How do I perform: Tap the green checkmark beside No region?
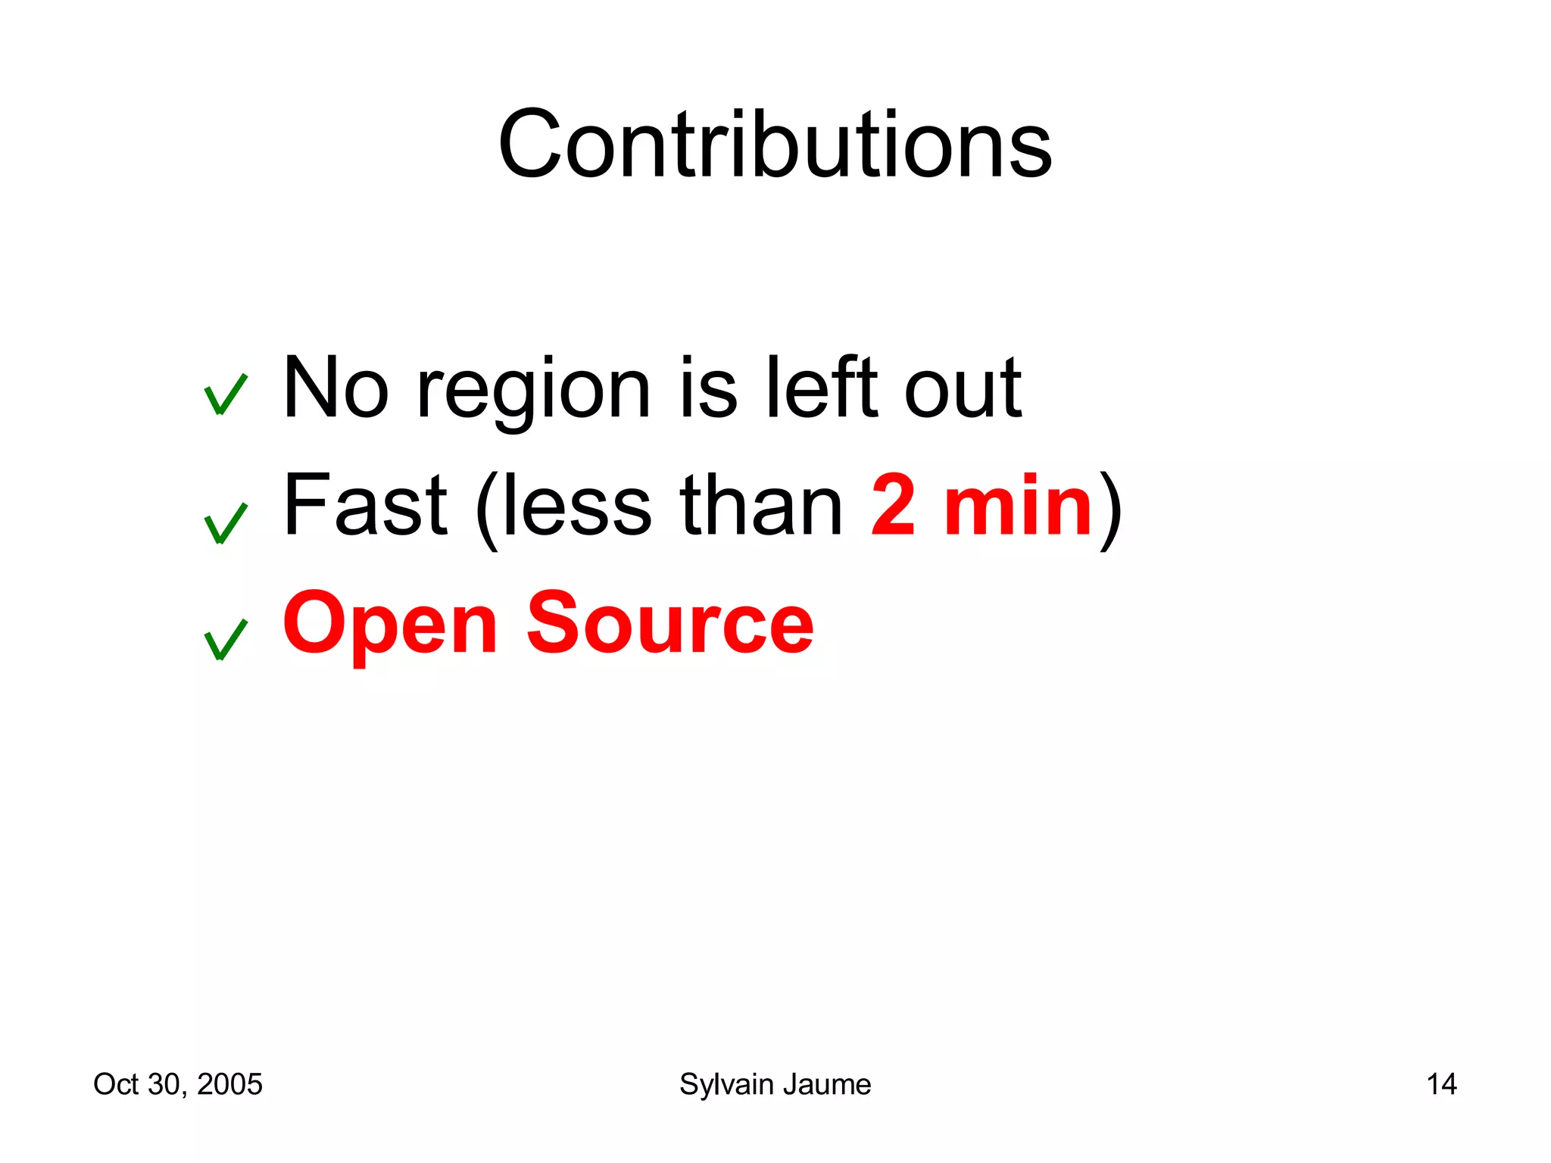pos(225,394)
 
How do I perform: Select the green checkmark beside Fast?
pos(225,523)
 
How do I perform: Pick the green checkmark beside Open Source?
pos(225,640)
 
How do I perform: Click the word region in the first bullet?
pos(533,390)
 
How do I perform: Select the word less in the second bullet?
pos(576,506)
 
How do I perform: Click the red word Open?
pos(390,625)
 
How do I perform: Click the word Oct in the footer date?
pos(116,1084)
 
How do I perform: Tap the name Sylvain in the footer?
pos(726,1085)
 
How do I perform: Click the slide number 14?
pos(1441,1084)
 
